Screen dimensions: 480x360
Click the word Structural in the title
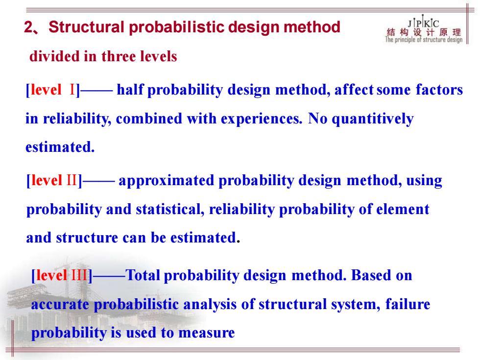point(86,27)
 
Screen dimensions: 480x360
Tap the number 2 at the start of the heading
point(28,27)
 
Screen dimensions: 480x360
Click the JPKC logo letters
point(423,23)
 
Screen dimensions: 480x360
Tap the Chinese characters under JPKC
point(424,32)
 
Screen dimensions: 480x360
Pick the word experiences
point(262,119)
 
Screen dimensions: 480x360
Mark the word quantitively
point(373,119)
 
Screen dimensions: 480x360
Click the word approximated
point(166,181)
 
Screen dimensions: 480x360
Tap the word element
point(403,210)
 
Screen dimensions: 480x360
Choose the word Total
point(143,275)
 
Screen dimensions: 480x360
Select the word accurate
point(60,305)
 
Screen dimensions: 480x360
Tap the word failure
point(408,304)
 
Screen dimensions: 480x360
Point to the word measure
point(207,333)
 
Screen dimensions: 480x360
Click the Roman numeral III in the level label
point(79,275)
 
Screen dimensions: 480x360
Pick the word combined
point(149,119)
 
